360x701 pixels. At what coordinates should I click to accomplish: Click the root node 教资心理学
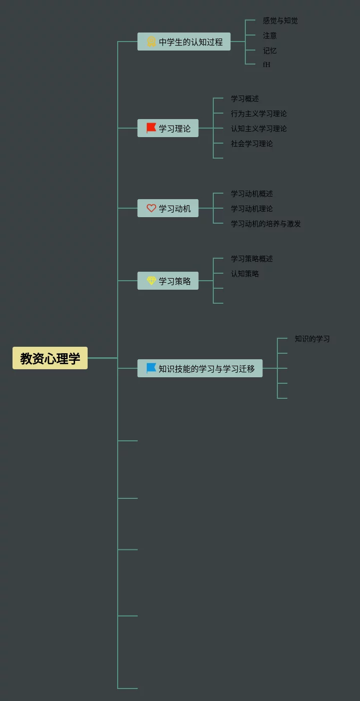[x=50, y=358]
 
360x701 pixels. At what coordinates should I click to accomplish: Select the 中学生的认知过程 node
[x=184, y=42]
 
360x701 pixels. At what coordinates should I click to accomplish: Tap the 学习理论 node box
[x=168, y=128]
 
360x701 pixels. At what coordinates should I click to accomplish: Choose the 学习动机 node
[x=168, y=208]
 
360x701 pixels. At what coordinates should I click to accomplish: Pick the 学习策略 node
[x=168, y=281]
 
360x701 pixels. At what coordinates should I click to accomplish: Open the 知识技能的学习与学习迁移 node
[x=200, y=368]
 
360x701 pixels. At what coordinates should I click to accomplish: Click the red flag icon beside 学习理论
[x=151, y=128]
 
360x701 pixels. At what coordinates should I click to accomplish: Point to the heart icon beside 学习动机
[x=151, y=208]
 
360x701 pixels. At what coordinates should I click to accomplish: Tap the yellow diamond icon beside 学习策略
[x=151, y=281]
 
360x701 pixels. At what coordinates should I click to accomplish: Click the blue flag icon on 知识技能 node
[x=151, y=368]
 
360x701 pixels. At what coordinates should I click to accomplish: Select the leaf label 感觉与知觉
[x=280, y=21]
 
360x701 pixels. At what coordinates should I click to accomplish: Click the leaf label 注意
[x=270, y=36]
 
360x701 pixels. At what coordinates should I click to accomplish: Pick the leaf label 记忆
[x=270, y=51]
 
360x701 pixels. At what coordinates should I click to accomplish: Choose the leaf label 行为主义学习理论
[x=259, y=114]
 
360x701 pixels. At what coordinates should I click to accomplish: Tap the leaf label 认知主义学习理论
[x=259, y=129]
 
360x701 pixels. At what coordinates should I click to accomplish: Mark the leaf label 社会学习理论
[x=252, y=144]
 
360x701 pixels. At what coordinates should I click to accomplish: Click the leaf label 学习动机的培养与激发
[x=266, y=224]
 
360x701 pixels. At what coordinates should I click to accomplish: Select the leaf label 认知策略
[x=245, y=274]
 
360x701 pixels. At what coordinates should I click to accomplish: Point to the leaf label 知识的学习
[x=312, y=339]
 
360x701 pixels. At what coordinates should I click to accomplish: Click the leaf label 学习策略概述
[x=252, y=259]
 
